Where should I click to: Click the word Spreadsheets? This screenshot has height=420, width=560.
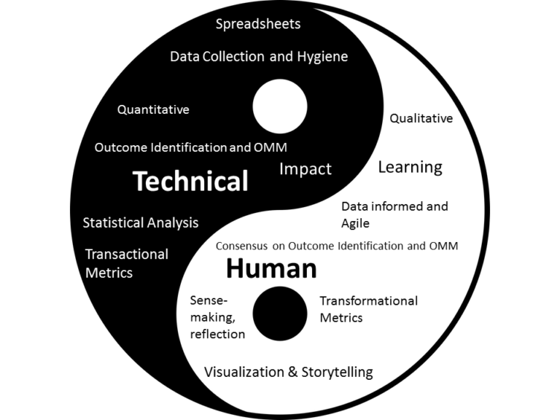tap(258, 24)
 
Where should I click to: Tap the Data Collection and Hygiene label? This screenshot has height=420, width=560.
tap(259, 56)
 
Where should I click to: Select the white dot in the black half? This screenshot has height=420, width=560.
tap(280, 106)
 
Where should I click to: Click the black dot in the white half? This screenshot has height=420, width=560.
tap(280, 314)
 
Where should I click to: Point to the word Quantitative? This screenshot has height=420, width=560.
tap(153, 109)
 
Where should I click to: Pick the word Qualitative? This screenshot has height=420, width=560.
tap(421, 118)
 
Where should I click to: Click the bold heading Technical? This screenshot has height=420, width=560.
tap(190, 181)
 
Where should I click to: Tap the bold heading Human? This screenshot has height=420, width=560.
tap(271, 268)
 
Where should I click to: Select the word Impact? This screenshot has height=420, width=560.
tap(306, 169)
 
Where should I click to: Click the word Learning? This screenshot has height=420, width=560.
tap(411, 168)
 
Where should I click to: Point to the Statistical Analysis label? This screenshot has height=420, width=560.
tap(141, 223)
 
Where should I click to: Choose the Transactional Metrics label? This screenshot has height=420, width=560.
tap(127, 263)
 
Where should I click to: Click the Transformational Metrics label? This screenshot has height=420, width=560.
tap(368, 309)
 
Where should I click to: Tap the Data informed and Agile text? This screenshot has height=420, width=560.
tap(394, 214)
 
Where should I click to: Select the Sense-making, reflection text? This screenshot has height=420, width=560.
tap(217, 317)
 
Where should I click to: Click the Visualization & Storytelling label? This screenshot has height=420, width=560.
tap(289, 372)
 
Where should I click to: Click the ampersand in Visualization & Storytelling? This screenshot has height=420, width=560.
tap(292, 372)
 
